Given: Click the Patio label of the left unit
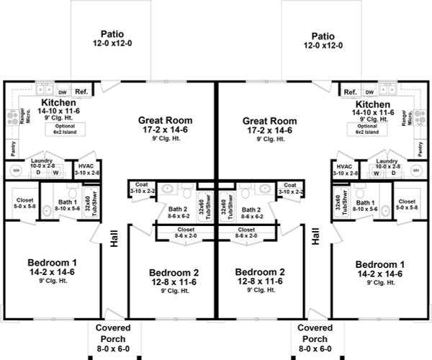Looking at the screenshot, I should click(112, 34).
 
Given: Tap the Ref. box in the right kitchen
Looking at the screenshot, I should click(351, 92).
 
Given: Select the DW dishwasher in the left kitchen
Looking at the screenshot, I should click(62, 93).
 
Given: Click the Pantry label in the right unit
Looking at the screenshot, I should click(421, 148).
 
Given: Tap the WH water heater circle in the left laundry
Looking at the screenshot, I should click(14, 171).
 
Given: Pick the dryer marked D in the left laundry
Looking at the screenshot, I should click(38, 173).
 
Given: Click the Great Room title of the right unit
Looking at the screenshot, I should click(269, 121).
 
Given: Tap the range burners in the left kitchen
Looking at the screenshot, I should click(11, 116).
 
